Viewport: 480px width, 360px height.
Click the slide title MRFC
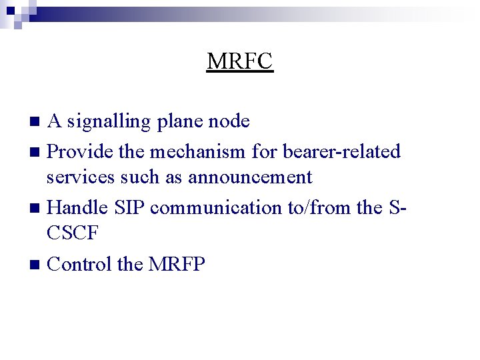(x=240, y=61)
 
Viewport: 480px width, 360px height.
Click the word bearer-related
(x=341, y=151)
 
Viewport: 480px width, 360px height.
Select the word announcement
(x=249, y=177)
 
